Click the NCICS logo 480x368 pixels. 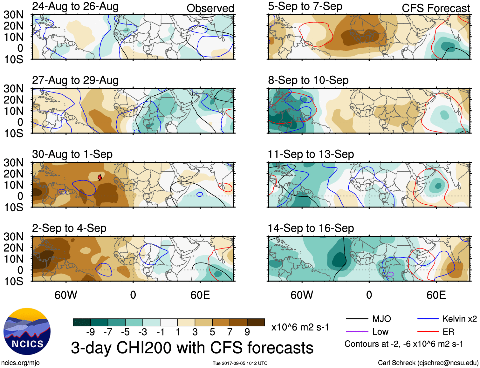coord(27,331)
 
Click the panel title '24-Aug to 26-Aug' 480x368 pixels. coord(75,6)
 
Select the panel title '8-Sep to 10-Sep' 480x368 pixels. coord(308,80)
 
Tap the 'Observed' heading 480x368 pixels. coord(210,8)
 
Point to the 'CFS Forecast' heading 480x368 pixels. coord(435,8)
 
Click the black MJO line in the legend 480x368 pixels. coord(357,319)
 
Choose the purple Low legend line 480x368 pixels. coord(357,332)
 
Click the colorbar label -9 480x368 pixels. coord(90,332)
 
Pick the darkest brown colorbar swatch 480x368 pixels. coord(256,322)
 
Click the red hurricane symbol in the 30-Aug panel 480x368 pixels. coord(100,177)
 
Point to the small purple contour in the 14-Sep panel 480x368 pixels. coord(391,274)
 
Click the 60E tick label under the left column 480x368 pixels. coord(200,295)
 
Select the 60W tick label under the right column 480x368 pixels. coord(302,295)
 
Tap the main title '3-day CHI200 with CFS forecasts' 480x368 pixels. coord(192,348)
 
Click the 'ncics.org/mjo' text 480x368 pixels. coord(20,363)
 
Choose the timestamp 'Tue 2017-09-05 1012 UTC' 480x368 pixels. coord(240,363)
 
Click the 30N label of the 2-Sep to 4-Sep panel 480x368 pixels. coord(13,237)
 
